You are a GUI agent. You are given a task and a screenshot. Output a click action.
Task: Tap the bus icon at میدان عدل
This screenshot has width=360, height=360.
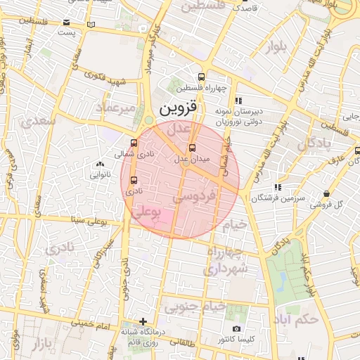tap(193, 148)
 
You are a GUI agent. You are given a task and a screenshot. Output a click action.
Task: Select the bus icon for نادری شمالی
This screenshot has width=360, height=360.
tap(134, 143)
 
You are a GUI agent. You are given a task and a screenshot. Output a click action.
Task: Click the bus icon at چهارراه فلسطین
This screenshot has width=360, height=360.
tap(202, 77)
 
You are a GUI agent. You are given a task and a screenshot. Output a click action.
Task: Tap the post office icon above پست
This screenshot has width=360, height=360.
tap(66, 22)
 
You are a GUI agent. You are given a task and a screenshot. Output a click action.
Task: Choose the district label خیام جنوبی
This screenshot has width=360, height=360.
tap(195, 307)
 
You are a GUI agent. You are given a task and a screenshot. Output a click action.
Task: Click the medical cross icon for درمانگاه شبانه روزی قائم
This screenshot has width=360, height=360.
tap(143, 322)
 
